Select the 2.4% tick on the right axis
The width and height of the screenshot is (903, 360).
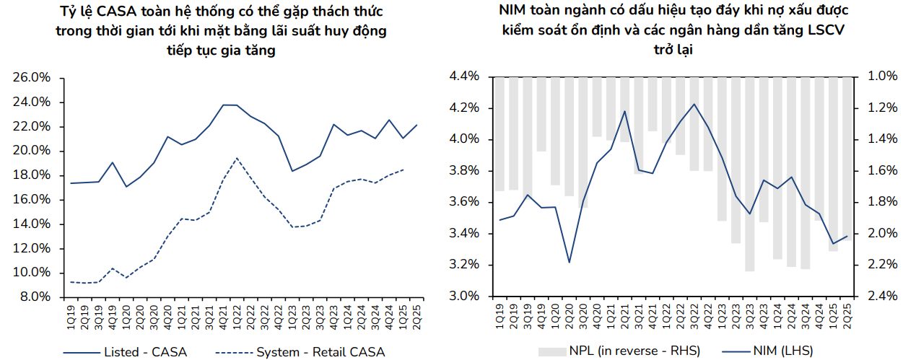click(882, 297)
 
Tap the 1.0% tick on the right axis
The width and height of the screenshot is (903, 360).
click(882, 76)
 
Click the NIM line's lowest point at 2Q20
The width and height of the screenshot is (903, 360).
click(569, 262)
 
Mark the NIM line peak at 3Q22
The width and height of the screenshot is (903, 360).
click(694, 104)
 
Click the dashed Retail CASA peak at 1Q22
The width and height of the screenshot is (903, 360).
click(237, 158)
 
